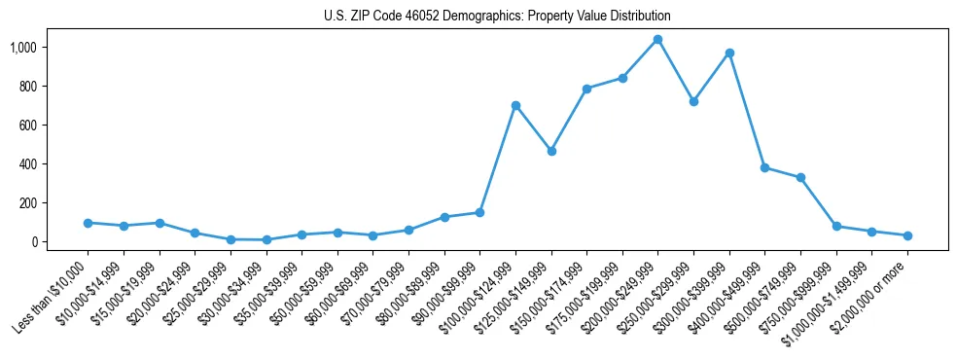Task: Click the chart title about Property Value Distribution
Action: coord(497,17)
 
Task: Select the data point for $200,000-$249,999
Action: coord(657,40)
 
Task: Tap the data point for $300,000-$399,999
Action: coord(729,53)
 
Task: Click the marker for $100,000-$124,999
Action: coord(515,105)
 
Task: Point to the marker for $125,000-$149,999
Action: coord(551,151)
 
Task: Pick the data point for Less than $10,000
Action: coord(88,223)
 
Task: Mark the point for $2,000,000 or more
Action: coord(907,235)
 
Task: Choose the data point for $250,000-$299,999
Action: coord(693,101)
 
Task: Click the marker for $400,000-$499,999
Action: coord(764,167)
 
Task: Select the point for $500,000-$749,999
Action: coord(800,177)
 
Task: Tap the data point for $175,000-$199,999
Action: coord(622,78)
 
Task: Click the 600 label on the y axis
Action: coord(27,125)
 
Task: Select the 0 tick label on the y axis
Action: coord(33,241)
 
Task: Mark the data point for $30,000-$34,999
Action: coord(266,239)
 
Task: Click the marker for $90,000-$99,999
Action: coord(479,212)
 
